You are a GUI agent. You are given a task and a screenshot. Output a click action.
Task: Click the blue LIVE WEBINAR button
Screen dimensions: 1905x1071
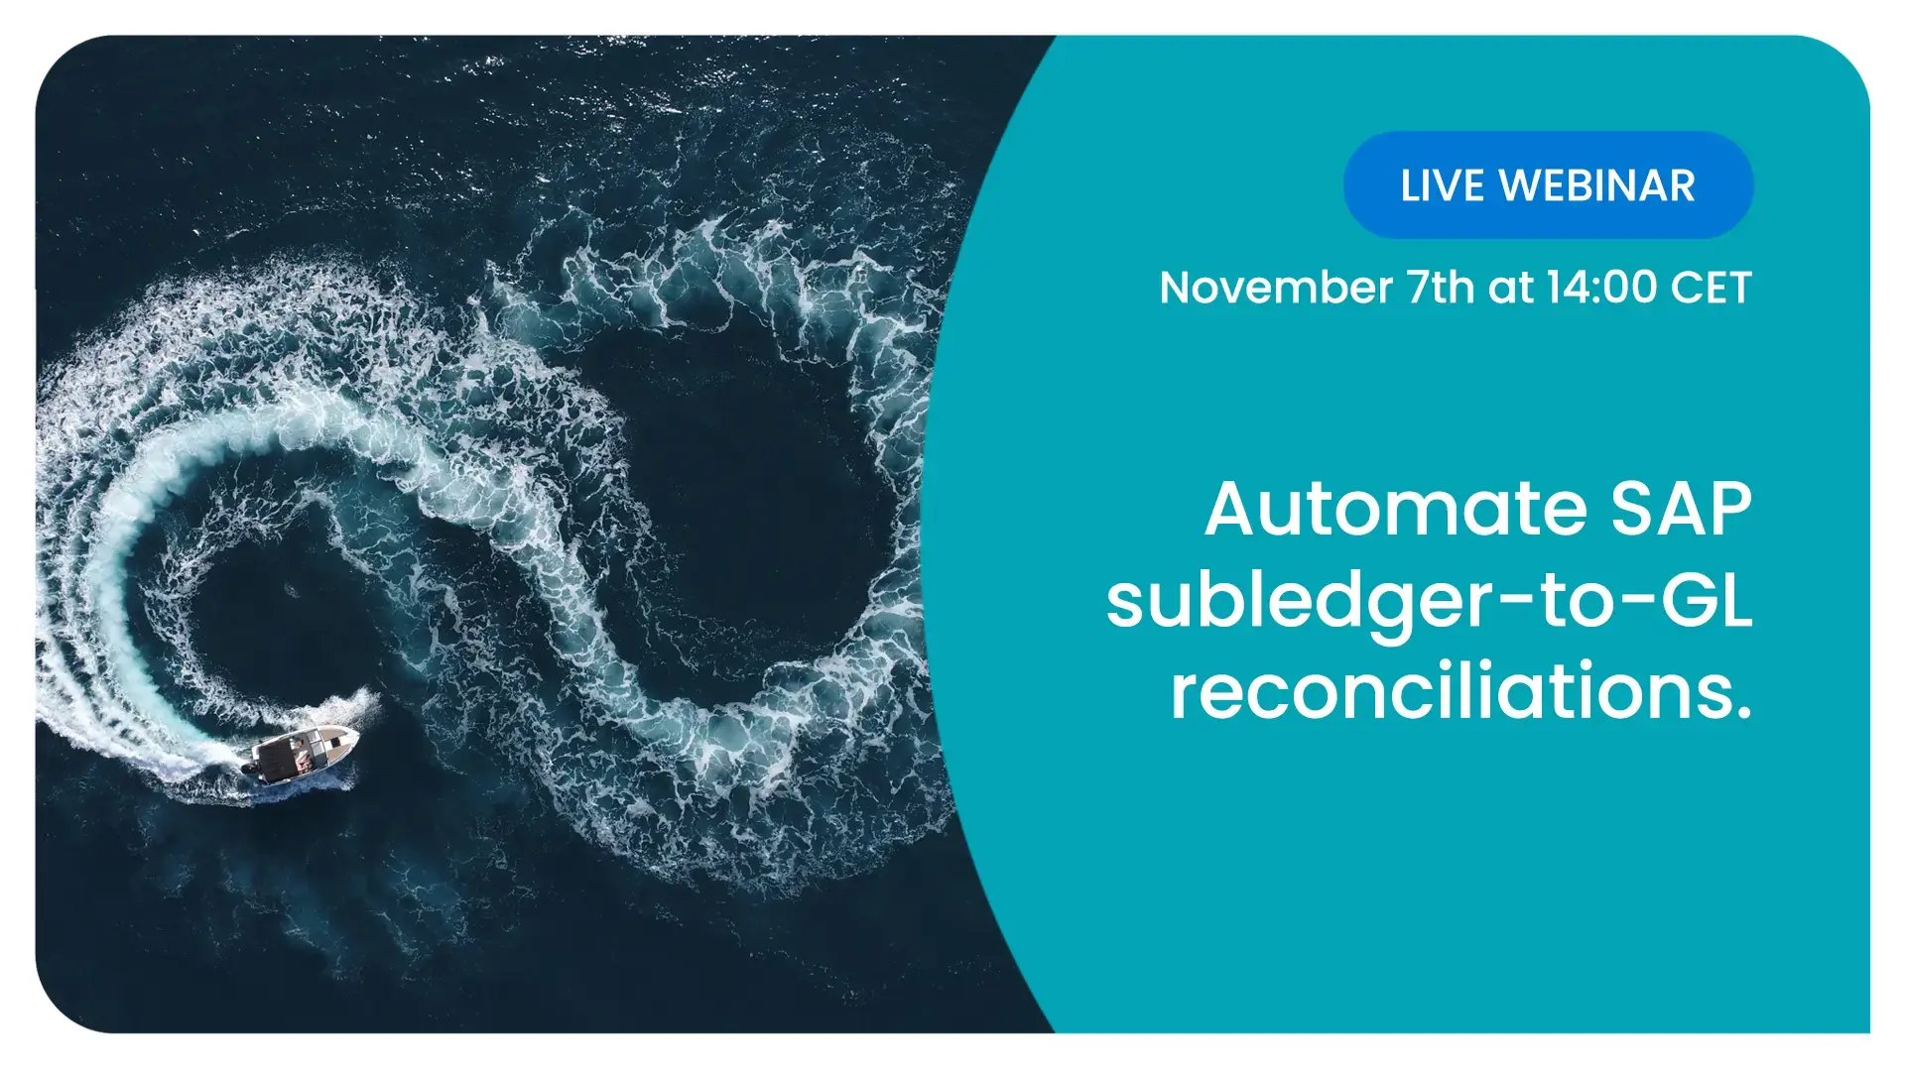pos(1548,185)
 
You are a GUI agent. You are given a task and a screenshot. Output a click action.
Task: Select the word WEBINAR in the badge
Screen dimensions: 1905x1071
pos(1597,186)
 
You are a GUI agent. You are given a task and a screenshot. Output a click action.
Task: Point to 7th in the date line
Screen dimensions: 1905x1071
pos(1442,288)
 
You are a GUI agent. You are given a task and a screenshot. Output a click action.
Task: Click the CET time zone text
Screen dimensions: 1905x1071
pos(1712,288)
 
